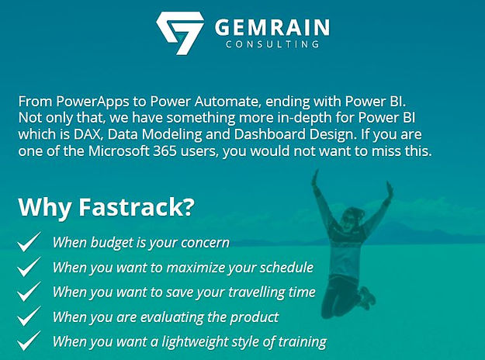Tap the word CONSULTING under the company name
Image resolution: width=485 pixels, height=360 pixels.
click(272, 46)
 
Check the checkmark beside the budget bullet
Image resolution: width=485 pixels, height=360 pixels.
click(29, 242)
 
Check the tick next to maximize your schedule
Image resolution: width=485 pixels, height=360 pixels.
click(29, 267)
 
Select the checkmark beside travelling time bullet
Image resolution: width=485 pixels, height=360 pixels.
click(29, 292)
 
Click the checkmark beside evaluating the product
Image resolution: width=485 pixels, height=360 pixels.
click(29, 317)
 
